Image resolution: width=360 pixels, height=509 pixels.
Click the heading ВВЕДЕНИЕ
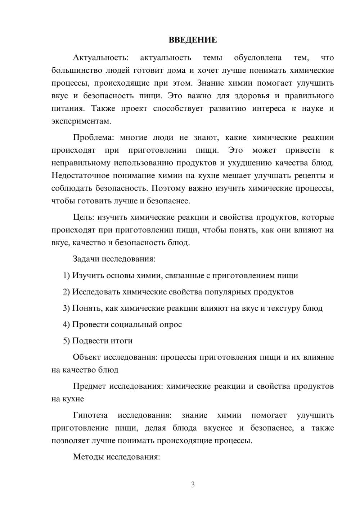click(x=193, y=40)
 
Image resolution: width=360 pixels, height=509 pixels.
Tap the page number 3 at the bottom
click(x=193, y=485)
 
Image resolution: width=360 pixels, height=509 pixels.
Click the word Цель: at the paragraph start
click(x=84, y=217)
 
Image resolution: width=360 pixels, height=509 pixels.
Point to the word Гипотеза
click(x=90, y=415)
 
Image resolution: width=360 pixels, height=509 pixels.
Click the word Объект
click(x=87, y=357)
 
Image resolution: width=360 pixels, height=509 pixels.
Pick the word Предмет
click(x=89, y=386)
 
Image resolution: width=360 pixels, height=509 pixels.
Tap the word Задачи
click(x=86, y=259)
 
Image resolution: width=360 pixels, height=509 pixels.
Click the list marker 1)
click(x=66, y=276)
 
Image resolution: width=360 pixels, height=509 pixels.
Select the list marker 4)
click(x=66, y=325)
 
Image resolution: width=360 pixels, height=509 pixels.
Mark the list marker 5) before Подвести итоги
click(x=66, y=341)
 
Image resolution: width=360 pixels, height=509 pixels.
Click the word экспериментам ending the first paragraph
click(x=81, y=121)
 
